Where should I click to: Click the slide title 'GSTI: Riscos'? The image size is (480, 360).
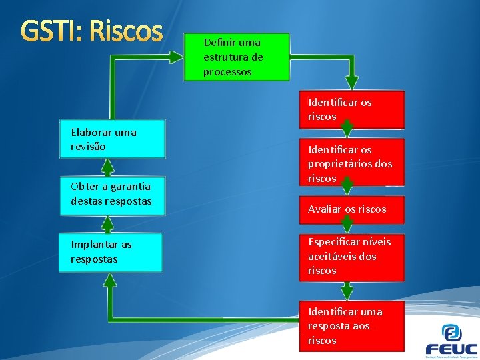click(x=92, y=31)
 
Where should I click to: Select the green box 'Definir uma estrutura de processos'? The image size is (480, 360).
click(x=237, y=57)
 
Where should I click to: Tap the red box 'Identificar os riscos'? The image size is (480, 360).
click(x=352, y=109)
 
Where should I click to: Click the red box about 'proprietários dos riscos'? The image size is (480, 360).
click(x=352, y=163)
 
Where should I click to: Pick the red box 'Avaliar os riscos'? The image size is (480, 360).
click(x=352, y=209)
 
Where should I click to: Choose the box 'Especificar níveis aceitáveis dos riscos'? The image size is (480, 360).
click(x=352, y=256)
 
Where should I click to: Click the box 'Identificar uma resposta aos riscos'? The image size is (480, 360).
click(x=352, y=325)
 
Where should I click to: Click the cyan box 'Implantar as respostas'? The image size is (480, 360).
click(x=111, y=252)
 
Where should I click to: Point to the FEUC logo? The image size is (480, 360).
click(x=451, y=341)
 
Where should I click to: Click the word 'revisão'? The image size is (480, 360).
click(x=89, y=146)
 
